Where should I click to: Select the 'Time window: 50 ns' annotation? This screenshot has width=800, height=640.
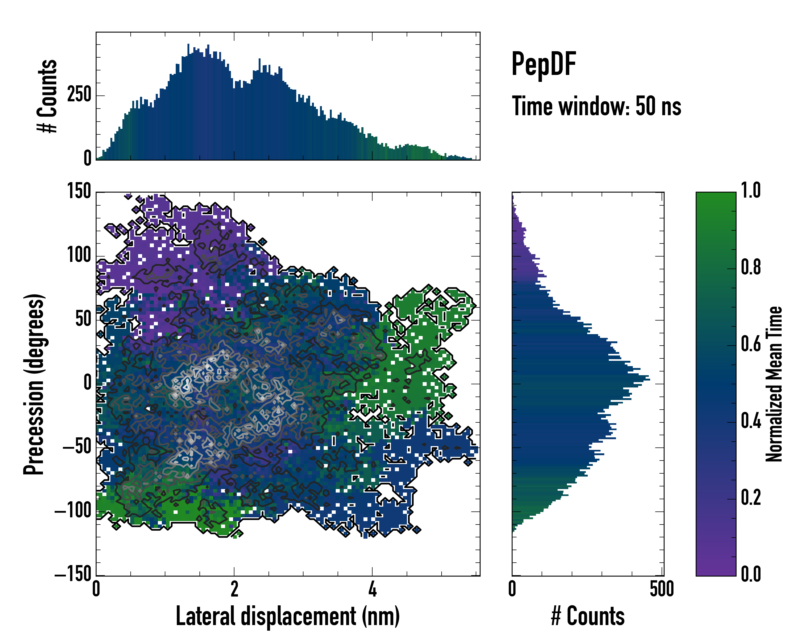pos(596,106)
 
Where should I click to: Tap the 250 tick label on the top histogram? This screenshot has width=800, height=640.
pos(79,95)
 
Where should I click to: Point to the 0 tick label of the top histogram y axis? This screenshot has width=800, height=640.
pos(87,158)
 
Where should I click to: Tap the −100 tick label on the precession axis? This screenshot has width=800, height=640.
pos(73,511)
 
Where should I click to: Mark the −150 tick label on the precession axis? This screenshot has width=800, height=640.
pos(73,575)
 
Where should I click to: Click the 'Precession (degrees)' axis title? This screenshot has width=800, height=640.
pos(34,384)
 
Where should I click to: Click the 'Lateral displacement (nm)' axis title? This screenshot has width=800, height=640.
pos(287,616)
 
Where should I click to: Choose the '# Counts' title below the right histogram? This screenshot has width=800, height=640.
pos(588,616)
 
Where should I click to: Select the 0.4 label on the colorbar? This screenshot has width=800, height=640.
pos(751,422)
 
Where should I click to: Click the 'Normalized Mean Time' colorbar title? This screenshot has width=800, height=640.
pos(774,384)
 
